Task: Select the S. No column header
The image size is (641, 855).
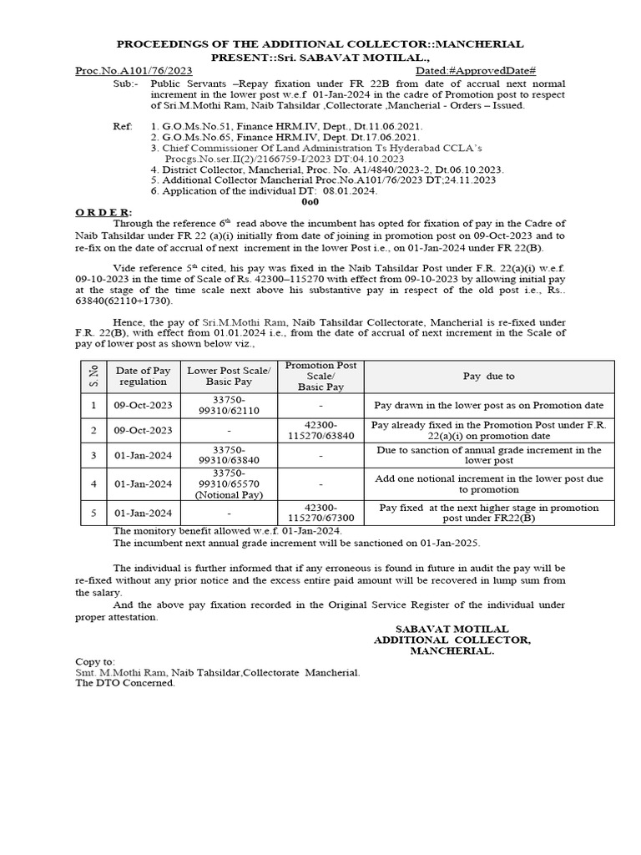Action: pyautogui.click(x=93, y=376)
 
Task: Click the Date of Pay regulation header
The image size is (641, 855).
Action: pyautogui.click(x=143, y=376)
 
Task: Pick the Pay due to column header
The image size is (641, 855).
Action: pyautogui.click(x=488, y=377)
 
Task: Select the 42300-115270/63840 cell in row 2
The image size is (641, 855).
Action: pyautogui.click(x=322, y=430)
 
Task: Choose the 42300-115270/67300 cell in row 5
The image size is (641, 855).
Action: pyautogui.click(x=322, y=512)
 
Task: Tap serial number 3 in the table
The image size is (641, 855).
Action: pyautogui.click(x=93, y=455)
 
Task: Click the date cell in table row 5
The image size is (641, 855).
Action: pyautogui.click(x=143, y=513)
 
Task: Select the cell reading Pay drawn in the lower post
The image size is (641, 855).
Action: pyautogui.click(x=488, y=406)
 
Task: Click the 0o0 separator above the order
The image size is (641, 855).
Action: pyautogui.click(x=310, y=201)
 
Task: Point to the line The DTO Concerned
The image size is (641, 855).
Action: pyautogui.click(x=125, y=683)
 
